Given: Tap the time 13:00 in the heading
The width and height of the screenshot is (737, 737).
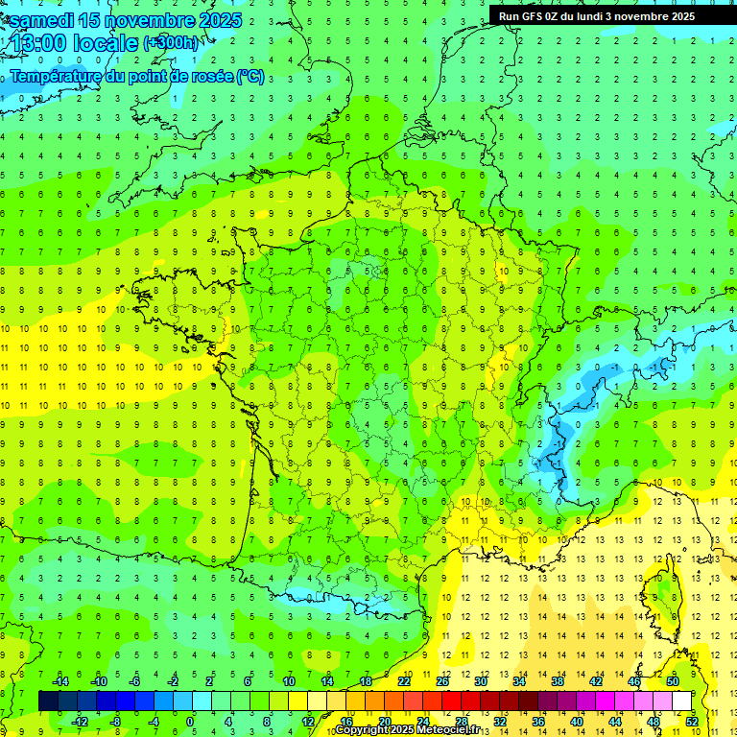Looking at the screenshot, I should click(42, 43).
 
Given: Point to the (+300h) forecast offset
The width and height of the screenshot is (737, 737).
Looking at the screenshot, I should click(172, 43).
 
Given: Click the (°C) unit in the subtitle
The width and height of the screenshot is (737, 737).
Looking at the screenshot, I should click(250, 77).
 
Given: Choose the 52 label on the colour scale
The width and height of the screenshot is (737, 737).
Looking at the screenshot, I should click(692, 721).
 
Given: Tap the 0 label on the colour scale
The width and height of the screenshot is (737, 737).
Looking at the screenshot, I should click(191, 721).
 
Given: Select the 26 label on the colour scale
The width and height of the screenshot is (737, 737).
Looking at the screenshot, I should click(442, 681).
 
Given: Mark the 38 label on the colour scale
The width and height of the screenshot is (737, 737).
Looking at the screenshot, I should click(558, 681).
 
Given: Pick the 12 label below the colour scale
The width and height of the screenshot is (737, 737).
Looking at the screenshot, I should click(307, 721).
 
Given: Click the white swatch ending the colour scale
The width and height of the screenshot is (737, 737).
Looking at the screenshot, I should click(681, 701).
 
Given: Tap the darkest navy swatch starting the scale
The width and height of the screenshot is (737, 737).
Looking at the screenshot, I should click(48, 701).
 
